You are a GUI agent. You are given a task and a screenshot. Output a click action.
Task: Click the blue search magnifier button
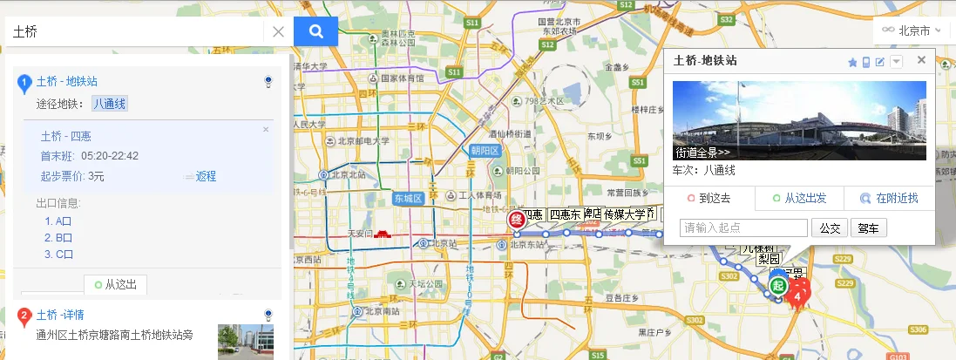pyautogui.click(x=315, y=31)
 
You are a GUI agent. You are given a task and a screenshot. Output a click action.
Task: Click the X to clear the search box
pyautogui.click(x=278, y=32)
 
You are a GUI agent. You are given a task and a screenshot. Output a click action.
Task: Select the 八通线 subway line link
pyautogui.click(x=110, y=104)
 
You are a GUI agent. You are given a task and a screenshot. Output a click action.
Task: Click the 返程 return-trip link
pyautogui.click(x=206, y=176)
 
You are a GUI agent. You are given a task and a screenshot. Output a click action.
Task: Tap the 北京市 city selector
pyautogui.click(x=912, y=30)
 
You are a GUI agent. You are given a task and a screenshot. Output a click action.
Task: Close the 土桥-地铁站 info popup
pyautogui.click(x=920, y=60)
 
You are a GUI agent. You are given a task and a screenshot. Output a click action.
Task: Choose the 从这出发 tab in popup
pyautogui.click(x=797, y=198)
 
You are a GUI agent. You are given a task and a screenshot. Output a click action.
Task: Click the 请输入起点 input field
pyautogui.click(x=743, y=228)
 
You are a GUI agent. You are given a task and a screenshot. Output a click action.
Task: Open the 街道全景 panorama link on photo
pyautogui.click(x=702, y=153)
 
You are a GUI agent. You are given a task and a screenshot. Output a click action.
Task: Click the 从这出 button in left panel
pyautogui.click(x=116, y=284)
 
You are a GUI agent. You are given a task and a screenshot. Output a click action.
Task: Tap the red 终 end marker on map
pyautogui.click(x=516, y=218)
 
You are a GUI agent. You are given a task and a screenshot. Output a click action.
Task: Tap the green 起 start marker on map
pyautogui.click(x=779, y=285)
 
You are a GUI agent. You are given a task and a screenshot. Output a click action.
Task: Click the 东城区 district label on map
pyautogui.click(x=407, y=198)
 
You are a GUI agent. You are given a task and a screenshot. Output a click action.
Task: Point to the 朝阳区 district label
pyautogui.click(x=484, y=150)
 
